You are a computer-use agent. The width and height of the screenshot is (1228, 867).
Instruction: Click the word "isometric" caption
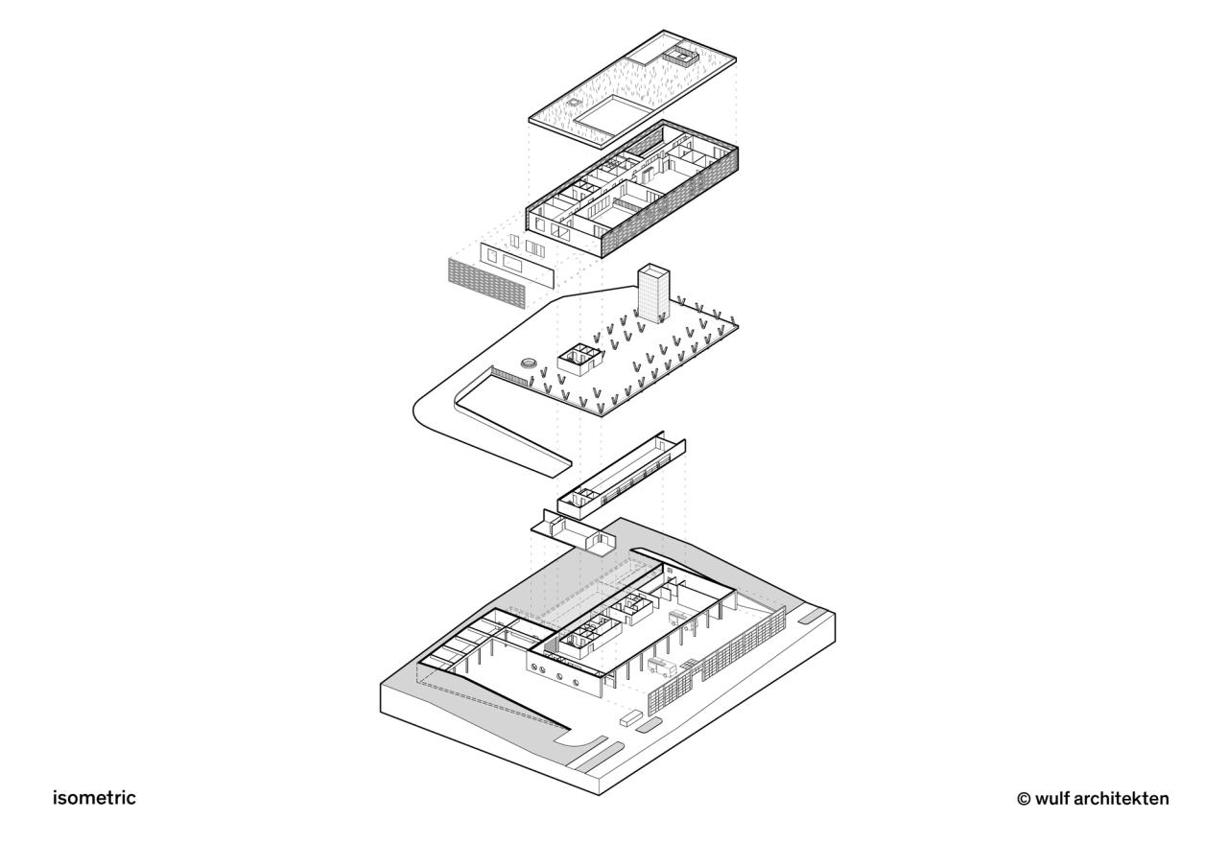pyautogui.click(x=94, y=798)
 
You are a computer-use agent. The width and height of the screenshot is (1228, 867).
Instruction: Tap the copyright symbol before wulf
pyautogui.click(x=1024, y=798)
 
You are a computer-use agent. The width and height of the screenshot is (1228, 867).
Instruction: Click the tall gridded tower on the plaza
pyautogui.click(x=653, y=294)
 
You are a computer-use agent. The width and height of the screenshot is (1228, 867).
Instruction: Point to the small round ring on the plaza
pyautogui.click(x=528, y=363)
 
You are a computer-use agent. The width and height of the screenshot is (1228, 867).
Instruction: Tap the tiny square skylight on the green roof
pyautogui.click(x=573, y=101)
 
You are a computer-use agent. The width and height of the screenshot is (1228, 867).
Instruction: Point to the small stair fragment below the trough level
pyautogui.click(x=574, y=532)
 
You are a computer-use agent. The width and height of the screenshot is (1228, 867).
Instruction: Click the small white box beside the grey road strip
pyautogui.click(x=629, y=716)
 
